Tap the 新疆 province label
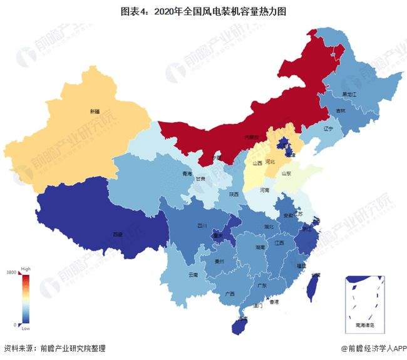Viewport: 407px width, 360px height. tap(94, 111)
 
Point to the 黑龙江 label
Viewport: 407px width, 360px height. tap(349, 94)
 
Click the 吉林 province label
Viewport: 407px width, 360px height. tap(341, 110)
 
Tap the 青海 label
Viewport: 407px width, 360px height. tap(187, 174)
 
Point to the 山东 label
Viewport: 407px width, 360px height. tap(286, 173)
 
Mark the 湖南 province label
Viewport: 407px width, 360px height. tap(259, 248)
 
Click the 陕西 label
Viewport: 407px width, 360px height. tap(234, 194)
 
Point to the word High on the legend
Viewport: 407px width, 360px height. tap(26, 268)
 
